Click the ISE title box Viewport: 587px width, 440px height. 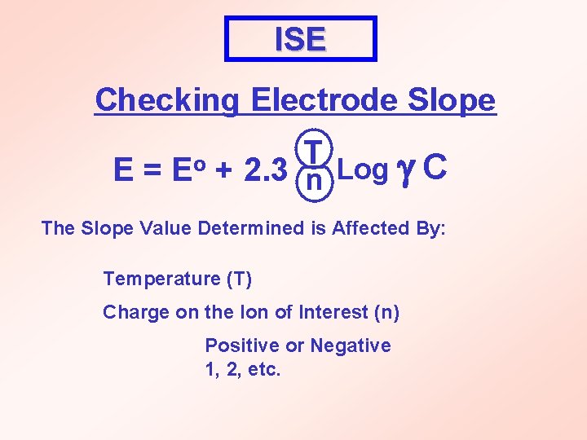[x=300, y=38]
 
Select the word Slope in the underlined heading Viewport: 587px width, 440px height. [x=452, y=100]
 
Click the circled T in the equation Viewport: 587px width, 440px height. [x=311, y=147]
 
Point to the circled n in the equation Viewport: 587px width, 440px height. [x=311, y=185]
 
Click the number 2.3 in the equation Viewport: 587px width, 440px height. [x=265, y=170]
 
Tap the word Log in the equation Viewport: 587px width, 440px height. [x=362, y=170]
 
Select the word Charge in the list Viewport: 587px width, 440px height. [x=130, y=312]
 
